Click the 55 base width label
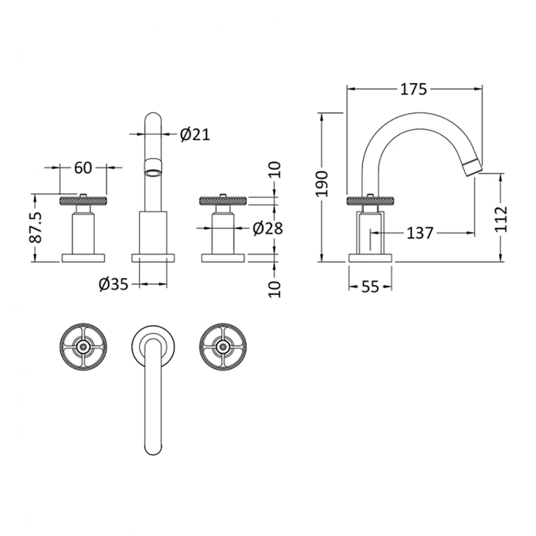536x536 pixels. [x=370, y=287]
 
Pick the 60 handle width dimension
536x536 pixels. [x=83, y=168]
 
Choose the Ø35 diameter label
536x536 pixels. [x=114, y=285]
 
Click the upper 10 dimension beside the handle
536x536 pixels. [x=274, y=170]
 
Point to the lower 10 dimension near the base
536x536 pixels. [x=274, y=288]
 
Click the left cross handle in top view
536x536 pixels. [x=83, y=346]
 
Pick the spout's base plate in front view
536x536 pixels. [x=153, y=258]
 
